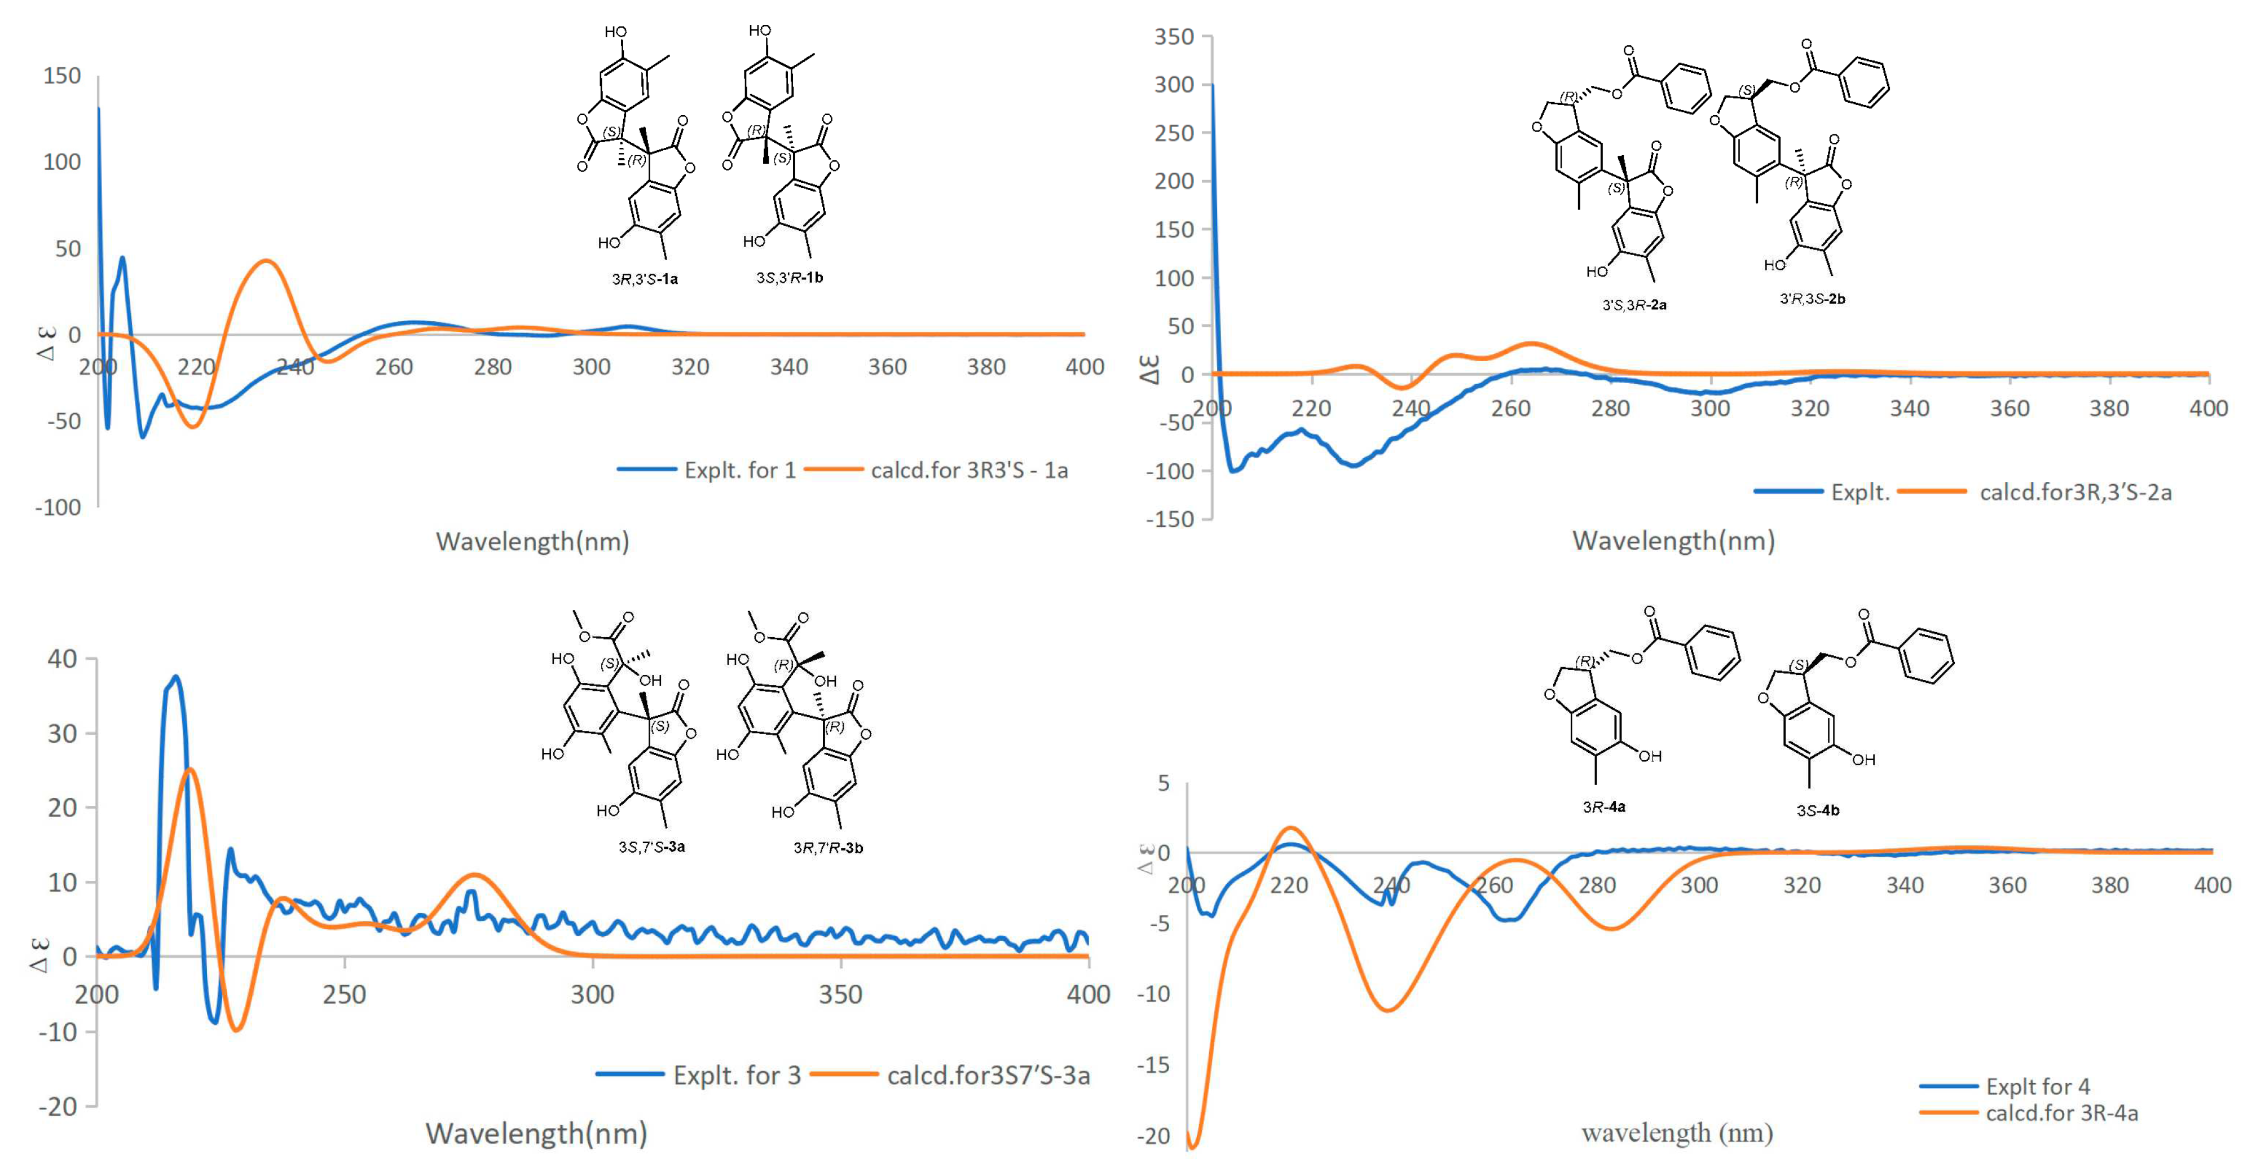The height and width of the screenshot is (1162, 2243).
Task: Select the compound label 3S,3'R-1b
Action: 789,278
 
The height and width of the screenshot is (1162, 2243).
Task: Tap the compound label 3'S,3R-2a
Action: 1634,305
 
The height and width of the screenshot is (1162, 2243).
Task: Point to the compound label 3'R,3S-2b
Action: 1812,299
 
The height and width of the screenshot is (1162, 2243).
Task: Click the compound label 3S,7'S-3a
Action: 651,847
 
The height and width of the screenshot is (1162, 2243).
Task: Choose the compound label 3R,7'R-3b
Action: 828,848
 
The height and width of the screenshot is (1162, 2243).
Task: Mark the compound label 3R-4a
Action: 1604,806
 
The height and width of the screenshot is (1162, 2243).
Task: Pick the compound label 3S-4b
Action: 1818,810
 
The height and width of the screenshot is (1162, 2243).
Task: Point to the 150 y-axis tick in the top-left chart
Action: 62,76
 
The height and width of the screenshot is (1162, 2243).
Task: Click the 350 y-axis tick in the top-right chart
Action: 1173,37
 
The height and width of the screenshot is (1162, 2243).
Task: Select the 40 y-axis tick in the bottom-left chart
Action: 62,659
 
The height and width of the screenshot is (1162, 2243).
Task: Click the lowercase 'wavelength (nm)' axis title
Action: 1677,1133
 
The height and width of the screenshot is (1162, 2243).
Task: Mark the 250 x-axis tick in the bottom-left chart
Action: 344,994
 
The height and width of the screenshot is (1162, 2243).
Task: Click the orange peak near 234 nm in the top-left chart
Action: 266,261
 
